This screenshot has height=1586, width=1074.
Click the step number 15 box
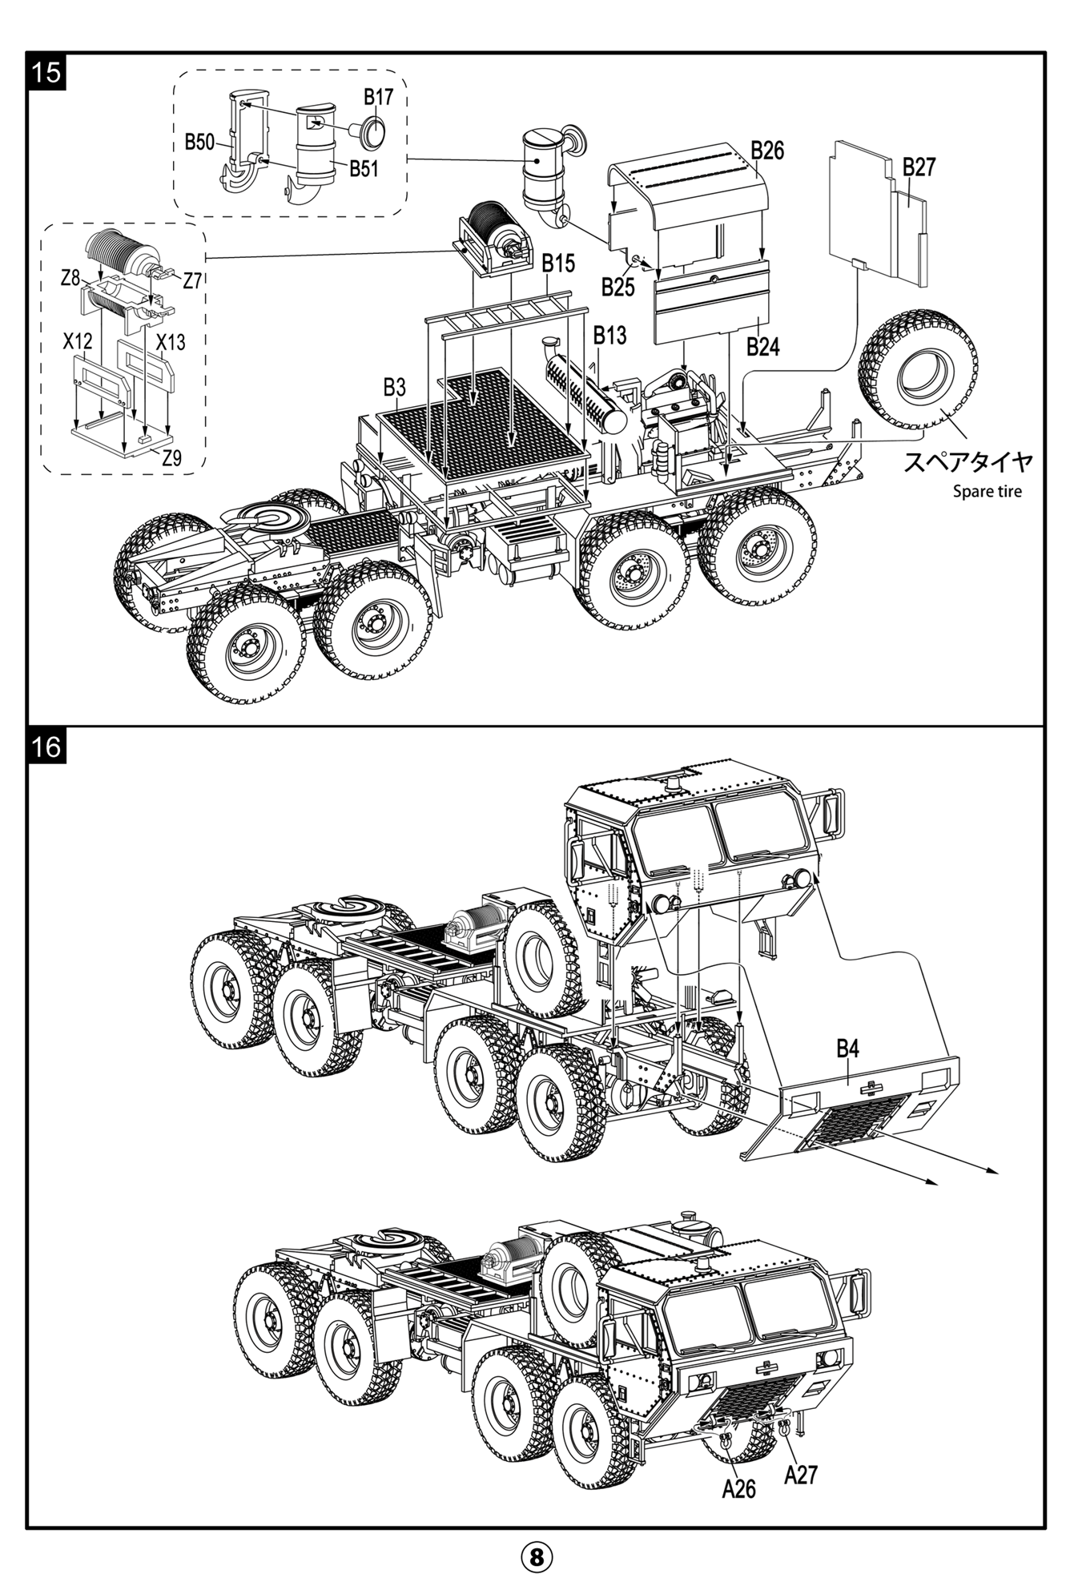click(x=47, y=71)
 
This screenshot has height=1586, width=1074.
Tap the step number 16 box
click(x=47, y=747)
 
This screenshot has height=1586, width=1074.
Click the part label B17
click(x=378, y=97)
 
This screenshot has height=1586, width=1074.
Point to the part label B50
click(x=199, y=143)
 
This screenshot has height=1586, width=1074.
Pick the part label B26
click(x=767, y=150)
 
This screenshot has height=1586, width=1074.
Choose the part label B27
click(x=919, y=167)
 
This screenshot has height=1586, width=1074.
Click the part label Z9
click(x=171, y=459)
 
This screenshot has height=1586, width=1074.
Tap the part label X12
click(x=78, y=342)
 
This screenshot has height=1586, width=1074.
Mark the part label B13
click(x=609, y=336)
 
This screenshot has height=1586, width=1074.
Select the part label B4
click(x=847, y=1048)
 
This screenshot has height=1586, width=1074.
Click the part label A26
click(x=738, y=1488)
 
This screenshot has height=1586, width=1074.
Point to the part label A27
click(x=800, y=1475)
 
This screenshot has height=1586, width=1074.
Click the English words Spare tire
click(x=987, y=491)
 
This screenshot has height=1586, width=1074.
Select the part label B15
click(x=558, y=264)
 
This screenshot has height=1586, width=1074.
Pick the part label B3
click(x=394, y=388)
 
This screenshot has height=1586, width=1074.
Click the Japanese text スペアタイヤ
click(x=967, y=462)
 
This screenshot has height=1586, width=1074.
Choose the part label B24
click(x=762, y=347)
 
